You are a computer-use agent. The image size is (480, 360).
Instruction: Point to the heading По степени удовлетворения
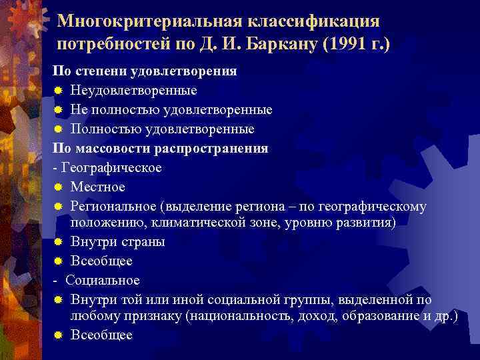145,71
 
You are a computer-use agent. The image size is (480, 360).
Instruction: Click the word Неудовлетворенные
133,90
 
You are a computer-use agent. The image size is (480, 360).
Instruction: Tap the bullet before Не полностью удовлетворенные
59,109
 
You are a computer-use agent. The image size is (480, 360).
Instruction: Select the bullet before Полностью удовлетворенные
59,129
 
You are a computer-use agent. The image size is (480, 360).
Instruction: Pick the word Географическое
111,167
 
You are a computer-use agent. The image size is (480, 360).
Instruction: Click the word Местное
97,187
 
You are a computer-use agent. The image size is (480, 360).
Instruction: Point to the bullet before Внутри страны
59,242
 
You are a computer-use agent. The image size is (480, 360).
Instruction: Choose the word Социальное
103,279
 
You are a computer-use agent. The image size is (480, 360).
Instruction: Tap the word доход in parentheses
313,316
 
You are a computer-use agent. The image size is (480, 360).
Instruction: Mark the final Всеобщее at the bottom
101,335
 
